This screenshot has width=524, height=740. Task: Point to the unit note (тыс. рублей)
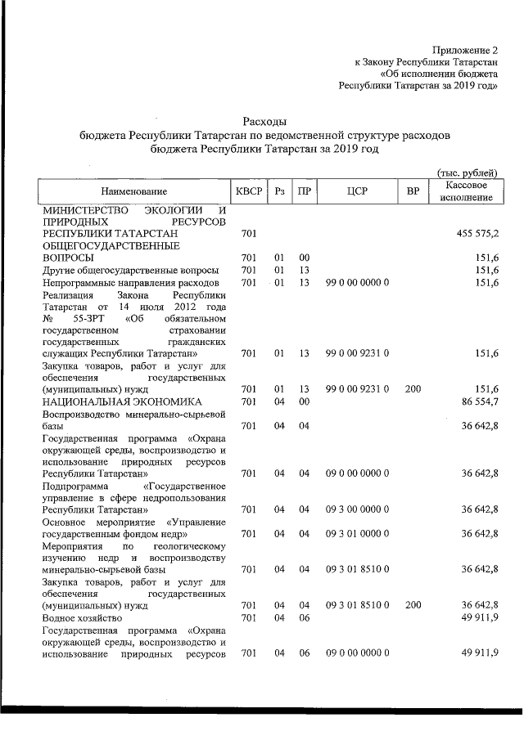(466, 172)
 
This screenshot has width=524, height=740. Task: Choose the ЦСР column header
(356, 191)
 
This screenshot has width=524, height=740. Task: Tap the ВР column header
(413, 191)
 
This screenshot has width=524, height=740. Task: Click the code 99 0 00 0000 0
(356, 282)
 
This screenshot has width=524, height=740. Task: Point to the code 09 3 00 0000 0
(356, 510)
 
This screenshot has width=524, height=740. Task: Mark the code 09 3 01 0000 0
(356, 534)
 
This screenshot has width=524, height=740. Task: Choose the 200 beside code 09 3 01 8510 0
(413, 605)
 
